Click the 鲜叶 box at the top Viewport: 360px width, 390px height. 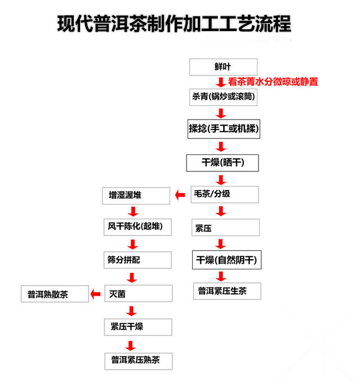pyautogui.click(x=223, y=67)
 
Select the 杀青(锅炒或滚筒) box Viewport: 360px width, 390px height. pyautogui.click(x=223, y=97)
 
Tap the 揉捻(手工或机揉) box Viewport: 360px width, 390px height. pyautogui.click(x=224, y=129)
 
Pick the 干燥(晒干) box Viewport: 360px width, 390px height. pyautogui.click(x=223, y=163)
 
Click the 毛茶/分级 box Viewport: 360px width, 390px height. pyautogui.click(x=225, y=194)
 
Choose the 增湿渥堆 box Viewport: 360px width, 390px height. pyautogui.click(x=136, y=196)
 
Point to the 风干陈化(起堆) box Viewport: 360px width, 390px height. pyautogui.click(x=137, y=227)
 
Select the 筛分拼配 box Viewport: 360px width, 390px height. pyautogui.click(x=137, y=260)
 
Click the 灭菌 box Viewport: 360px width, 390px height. pyautogui.click(x=139, y=294)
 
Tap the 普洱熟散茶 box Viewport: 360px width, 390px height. pyautogui.click(x=55, y=294)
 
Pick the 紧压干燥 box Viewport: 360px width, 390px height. pyautogui.click(x=138, y=327)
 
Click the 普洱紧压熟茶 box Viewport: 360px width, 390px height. pyautogui.click(x=139, y=361)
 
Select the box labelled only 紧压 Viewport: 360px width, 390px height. pyautogui.click(x=225, y=227)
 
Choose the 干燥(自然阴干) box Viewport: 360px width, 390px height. pyautogui.click(x=226, y=260)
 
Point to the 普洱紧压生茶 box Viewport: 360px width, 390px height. pyautogui.click(x=227, y=291)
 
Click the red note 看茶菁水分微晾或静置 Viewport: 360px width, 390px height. pyautogui.click(x=273, y=82)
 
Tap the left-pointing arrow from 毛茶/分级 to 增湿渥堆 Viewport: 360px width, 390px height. pyautogui.click(x=180, y=195)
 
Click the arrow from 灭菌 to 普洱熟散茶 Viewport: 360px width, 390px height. pyautogui.click(x=95, y=294)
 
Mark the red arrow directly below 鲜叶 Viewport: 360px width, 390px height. pyautogui.click(x=221, y=82)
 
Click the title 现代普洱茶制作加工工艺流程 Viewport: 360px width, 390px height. pyautogui.click(x=174, y=24)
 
